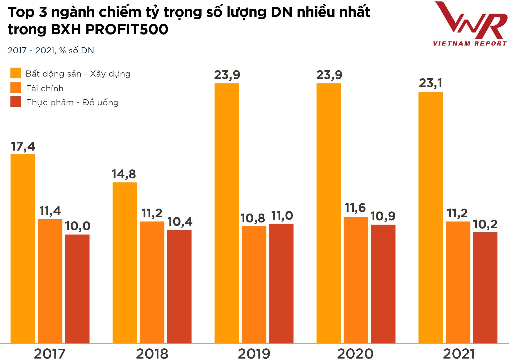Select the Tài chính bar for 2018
point(152,282)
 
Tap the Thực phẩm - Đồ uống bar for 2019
point(281,283)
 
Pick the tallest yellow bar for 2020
point(329,213)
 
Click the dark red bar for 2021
point(485,287)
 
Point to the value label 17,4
point(23,147)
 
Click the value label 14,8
point(124,174)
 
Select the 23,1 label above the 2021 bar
point(431,83)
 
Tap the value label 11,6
point(355,208)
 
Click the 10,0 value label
point(77,226)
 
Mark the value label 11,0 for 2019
point(282,216)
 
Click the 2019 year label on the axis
point(254,354)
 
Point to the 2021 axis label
point(459,354)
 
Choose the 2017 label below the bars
point(50,354)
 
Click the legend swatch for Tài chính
point(16,88)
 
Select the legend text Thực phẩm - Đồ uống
point(73,102)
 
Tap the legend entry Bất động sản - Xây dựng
point(78,74)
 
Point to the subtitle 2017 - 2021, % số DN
point(51,50)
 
